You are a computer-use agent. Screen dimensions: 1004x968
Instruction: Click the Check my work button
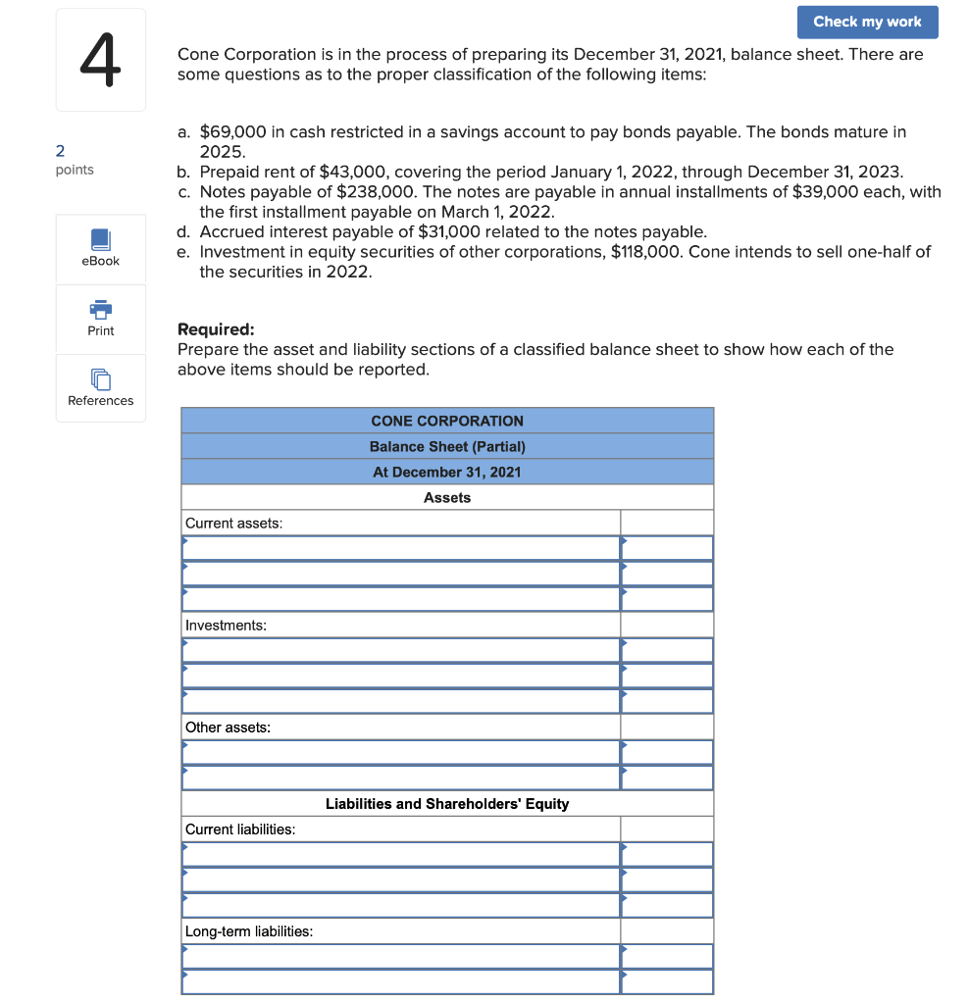pos(867,22)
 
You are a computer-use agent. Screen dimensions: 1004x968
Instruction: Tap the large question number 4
pos(100,61)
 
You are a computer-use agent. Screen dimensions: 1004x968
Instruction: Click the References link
pos(101,388)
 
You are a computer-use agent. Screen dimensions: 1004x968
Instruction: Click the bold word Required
pos(215,329)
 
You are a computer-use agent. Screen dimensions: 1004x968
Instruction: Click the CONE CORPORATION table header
pos(447,421)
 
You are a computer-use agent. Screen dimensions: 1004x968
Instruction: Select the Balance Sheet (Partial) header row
pos(447,446)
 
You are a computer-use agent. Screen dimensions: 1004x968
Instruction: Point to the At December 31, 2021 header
pos(447,472)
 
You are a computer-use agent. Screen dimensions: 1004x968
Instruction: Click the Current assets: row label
pos(233,523)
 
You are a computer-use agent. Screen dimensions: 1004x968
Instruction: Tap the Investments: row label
pos(226,625)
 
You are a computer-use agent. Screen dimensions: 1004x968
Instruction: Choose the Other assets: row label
pos(228,727)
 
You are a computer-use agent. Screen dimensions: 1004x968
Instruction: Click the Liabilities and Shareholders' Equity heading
pos(447,803)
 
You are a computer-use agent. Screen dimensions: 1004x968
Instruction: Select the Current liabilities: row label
pos(240,828)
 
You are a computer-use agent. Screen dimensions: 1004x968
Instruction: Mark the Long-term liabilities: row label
pos(249,930)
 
